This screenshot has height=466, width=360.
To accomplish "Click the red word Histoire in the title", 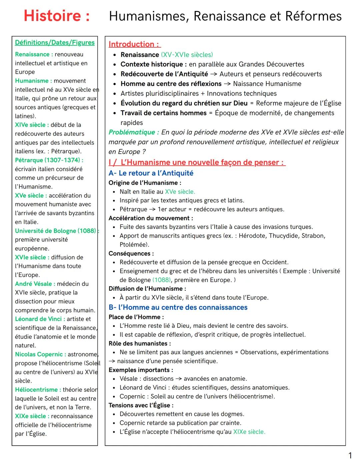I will pos(53,16).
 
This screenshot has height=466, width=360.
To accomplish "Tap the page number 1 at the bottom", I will pos(350,455).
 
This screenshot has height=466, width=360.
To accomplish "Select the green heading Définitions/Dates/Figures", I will pos(55,42).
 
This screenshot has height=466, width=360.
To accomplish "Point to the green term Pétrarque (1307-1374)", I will pos(49,160).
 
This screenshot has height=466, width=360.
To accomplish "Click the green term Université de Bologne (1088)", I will pos(55,231).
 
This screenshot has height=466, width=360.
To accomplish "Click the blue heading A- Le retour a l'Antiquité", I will pos(151,173).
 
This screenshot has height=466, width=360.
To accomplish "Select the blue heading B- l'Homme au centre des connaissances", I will pos(178,307).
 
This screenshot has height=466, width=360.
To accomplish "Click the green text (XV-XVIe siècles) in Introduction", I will pos(187,55).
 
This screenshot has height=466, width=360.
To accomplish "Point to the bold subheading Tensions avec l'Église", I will pos(141,405).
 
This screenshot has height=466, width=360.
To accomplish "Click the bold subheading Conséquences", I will pos(131,254).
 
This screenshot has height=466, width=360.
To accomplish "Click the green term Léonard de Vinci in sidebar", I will pos(40,319).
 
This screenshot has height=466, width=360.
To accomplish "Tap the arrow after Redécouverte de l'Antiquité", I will pos(214,74).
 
